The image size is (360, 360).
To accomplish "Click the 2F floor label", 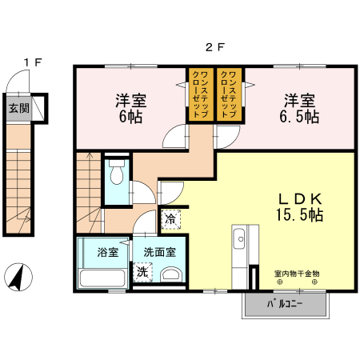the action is point(215,47).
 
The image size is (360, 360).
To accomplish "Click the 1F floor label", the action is point(33,62).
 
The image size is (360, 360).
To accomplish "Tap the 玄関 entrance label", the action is point(18,109).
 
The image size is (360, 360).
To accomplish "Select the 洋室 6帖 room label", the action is point(131,109).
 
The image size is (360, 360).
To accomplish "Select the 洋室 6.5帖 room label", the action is point(299,109).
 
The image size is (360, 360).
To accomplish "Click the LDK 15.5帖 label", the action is point(300,207).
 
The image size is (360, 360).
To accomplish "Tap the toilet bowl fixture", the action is point(117,172).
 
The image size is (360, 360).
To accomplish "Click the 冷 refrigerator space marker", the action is point(171,219).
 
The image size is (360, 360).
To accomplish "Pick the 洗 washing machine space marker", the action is point(142,272).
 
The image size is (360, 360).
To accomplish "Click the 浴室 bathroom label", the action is point(108,252).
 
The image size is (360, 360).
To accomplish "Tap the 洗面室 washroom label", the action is point(160,252).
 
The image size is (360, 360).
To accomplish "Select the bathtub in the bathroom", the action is point(102,278).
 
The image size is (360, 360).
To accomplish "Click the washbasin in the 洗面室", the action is point(170,274).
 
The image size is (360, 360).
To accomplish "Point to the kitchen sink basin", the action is point(239,239).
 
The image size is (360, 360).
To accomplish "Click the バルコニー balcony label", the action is point(285,304).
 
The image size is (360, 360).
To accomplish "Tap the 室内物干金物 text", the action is point(297,274).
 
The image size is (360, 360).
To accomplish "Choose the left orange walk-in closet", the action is point(200,94).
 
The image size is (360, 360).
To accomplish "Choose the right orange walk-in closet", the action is point(230,94).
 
